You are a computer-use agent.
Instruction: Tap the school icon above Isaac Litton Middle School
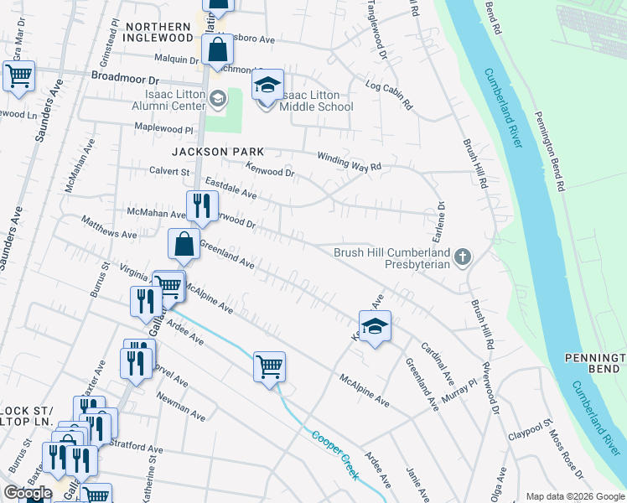pyautogui.click(x=267, y=86)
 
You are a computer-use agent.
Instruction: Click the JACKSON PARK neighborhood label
pyautogui.click(x=218, y=152)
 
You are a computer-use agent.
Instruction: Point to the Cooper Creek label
pyautogui.click(x=335, y=455)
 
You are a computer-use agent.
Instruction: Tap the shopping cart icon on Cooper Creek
pyautogui.click(x=269, y=366)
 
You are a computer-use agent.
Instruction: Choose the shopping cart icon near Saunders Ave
pyautogui.click(x=18, y=77)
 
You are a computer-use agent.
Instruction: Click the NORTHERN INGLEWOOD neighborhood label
pyautogui.click(x=158, y=33)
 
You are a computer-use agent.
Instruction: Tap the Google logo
pyautogui.click(x=28, y=493)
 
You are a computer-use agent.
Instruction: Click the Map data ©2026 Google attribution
pyautogui.click(x=574, y=496)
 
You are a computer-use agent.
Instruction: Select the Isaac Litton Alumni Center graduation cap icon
pyautogui.click(x=218, y=100)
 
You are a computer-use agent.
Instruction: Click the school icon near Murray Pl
pyautogui.click(x=375, y=328)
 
